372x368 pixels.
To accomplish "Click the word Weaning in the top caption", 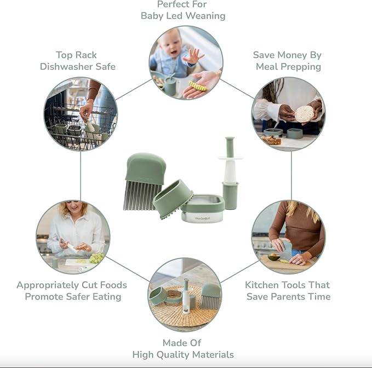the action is click(x=205, y=16).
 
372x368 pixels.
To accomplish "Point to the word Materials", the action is click(x=213, y=355).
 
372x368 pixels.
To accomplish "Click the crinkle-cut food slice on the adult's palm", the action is click(x=198, y=86).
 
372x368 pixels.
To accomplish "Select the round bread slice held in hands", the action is click(x=304, y=114).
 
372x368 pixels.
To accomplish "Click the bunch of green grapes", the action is click(x=96, y=258).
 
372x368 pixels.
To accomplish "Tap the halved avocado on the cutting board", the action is click(x=273, y=257).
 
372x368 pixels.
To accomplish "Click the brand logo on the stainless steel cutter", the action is click(x=202, y=219).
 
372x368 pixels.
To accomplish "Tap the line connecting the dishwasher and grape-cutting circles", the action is click(x=81, y=176).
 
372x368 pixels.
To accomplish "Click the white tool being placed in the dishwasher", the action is click(x=90, y=124).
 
